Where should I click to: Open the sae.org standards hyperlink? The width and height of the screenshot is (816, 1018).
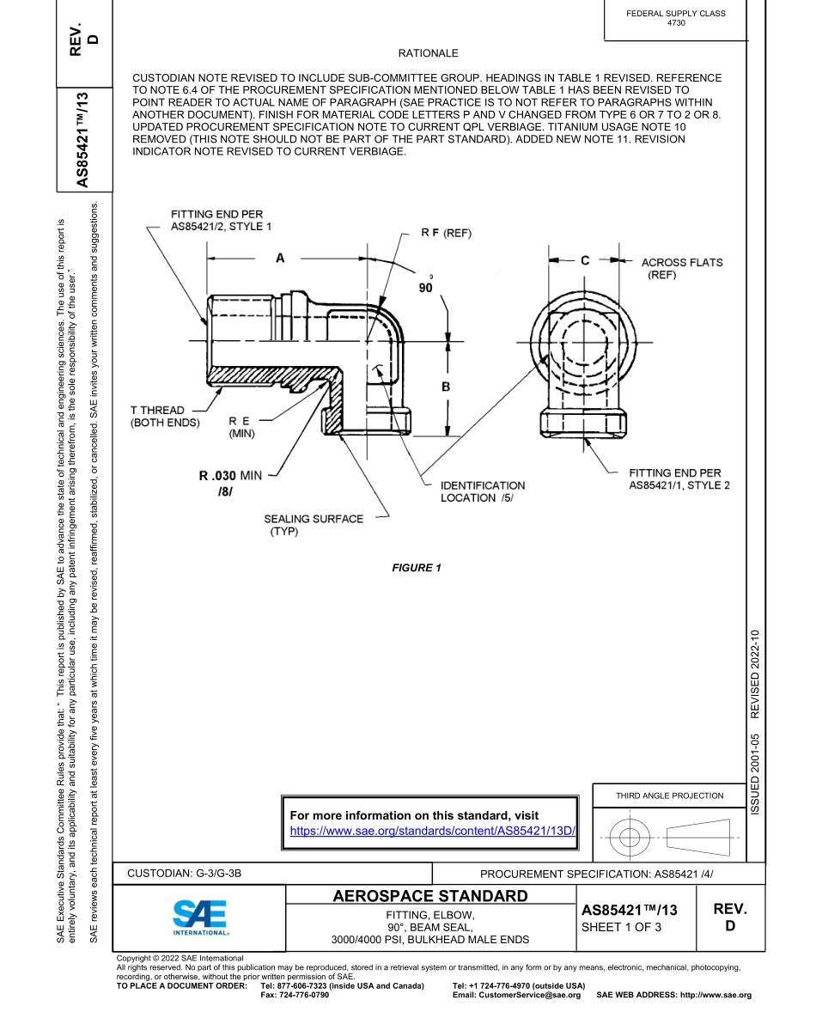click(x=432, y=832)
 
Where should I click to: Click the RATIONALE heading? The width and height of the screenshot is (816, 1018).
click(x=428, y=53)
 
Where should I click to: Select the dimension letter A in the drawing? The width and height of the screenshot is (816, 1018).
click(x=280, y=258)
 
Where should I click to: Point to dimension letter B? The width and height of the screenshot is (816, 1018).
click(x=446, y=387)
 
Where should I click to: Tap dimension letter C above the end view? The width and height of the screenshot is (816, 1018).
click(x=585, y=260)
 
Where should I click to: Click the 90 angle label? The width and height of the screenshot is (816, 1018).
click(x=426, y=289)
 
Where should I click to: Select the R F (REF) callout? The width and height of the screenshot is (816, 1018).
click(x=446, y=233)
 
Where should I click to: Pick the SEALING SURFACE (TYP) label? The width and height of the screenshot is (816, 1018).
click(x=313, y=524)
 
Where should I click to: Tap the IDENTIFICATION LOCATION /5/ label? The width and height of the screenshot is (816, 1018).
click(x=482, y=491)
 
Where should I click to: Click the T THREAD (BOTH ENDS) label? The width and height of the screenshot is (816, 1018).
click(x=164, y=416)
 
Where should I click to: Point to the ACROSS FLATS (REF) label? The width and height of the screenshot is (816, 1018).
click(x=681, y=268)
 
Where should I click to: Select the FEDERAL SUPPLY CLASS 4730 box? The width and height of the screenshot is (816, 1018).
click(x=675, y=18)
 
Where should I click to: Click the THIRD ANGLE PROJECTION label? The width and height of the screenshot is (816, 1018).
click(x=669, y=796)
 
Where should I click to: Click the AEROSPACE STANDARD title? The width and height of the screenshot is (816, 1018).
click(x=429, y=897)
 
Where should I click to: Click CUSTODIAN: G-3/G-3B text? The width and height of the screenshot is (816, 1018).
click(x=185, y=874)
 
